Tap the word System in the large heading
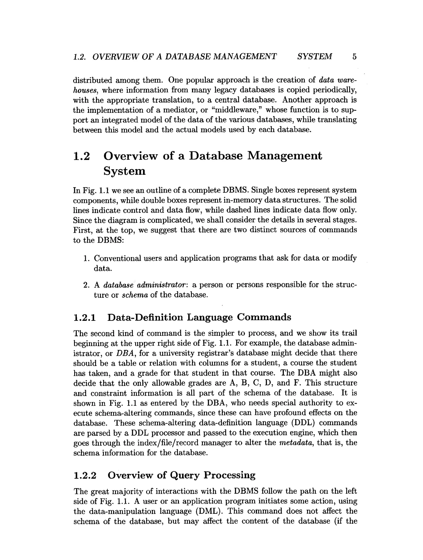(x=124, y=171)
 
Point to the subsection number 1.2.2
(x=85, y=475)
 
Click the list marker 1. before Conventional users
(x=86, y=258)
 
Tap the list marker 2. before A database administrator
(x=86, y=285)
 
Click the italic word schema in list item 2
(x=135, y=295)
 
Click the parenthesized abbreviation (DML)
(x=209, y=511)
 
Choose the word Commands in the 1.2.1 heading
(x=264, y=317)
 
